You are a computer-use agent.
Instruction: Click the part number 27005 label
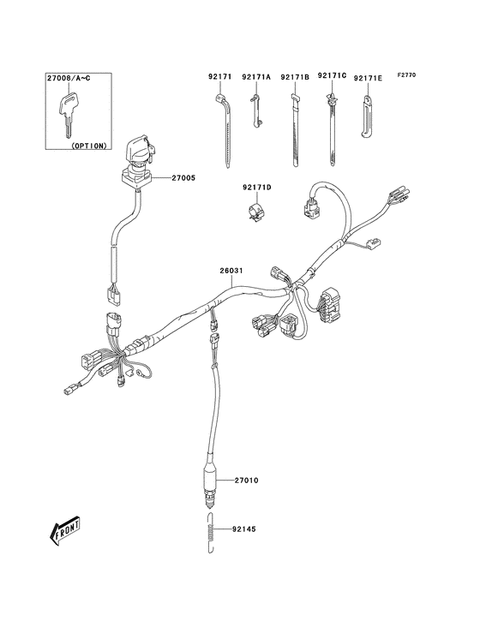click(x=183, y=178)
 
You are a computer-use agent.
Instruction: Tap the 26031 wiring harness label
click(x=231, y=272)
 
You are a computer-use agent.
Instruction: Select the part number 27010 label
click(x=245, y=480)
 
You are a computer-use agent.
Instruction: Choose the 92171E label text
click(x=369, y=79)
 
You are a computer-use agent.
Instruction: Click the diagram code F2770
click(x=407, y=75)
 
